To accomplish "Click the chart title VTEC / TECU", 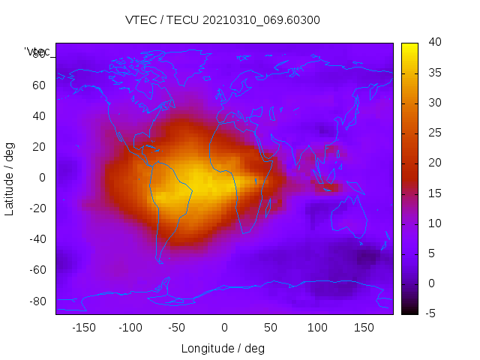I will coord(223,20).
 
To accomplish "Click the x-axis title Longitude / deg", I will coord(223,348).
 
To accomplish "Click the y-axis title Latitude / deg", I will coord(10,178).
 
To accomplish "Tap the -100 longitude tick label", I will coord(130,327).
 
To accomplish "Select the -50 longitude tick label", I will coord(178,327).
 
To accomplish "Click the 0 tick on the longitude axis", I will coord(224,327).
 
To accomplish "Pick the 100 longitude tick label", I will coord(318,327).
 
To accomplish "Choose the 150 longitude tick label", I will coord(364,327).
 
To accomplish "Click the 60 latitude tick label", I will coord(39,85).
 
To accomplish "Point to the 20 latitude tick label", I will coord(39,147).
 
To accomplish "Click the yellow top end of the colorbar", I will coord(409,47).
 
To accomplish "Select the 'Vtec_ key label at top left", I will coord(37,52).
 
